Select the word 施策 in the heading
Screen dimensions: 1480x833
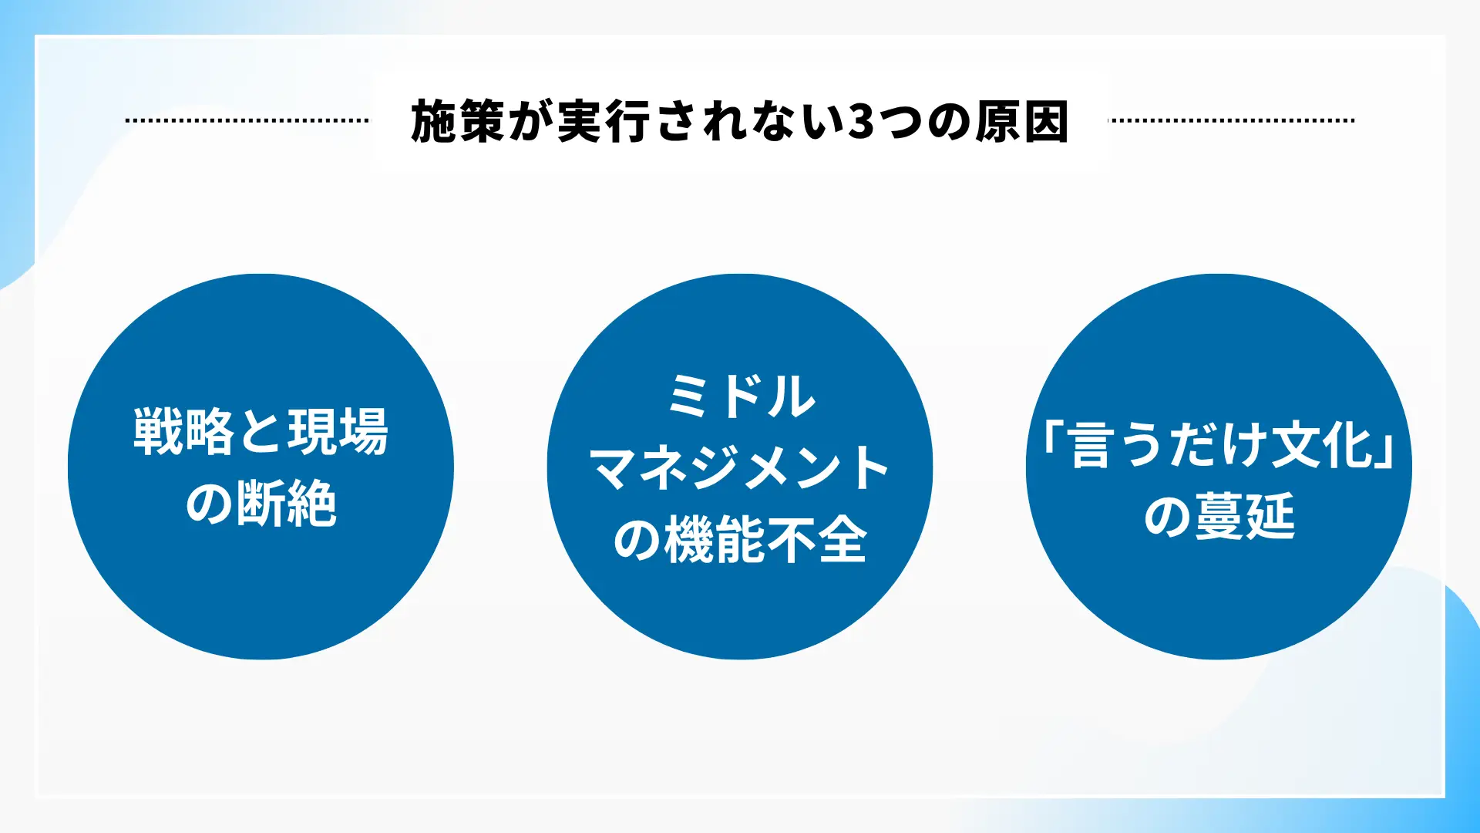click(458, 122)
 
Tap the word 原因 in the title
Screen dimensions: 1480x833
click(1021, 122)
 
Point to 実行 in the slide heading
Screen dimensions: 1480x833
click(604, 122)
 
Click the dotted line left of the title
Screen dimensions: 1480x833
click(247, 120)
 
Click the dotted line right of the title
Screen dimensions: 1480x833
click(1231, 120)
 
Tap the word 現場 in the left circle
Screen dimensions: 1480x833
click(338, 431)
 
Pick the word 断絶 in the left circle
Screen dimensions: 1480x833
click(287, 503)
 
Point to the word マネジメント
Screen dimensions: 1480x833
click(740, 468)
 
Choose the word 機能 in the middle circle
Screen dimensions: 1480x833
click(714, 540)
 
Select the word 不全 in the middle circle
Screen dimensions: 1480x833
click(816, 540)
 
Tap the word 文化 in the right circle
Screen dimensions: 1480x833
click(1321, 445)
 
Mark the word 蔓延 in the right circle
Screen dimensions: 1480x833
click(1244, 517)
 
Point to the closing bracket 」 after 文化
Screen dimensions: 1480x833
click(1385, 451)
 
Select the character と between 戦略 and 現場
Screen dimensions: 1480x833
click(261, 431)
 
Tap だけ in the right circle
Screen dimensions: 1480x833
click(1219, 445)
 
